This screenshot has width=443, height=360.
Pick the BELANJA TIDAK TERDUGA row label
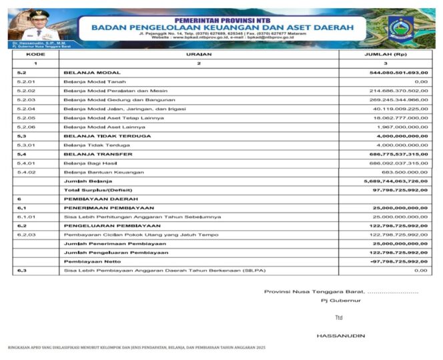[107, 136]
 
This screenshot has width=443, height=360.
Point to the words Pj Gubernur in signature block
[338, 301]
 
